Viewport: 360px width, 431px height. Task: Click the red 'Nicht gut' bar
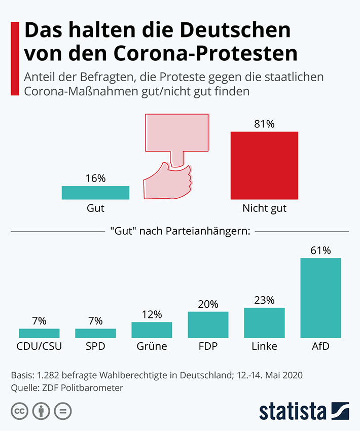[264, 165]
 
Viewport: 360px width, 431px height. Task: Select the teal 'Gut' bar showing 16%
[95, 193]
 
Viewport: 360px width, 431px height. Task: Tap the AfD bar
[320, 298]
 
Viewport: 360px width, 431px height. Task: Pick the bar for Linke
[264, 322]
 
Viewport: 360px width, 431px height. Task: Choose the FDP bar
[208, 325]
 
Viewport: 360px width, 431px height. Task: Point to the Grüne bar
[152, 330]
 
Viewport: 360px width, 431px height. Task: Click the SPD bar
[95, 333]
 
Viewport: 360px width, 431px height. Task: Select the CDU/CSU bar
[39, 333]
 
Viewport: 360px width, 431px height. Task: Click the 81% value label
[264, 124]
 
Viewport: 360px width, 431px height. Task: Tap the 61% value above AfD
[320, 250]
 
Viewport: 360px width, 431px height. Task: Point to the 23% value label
[264, 300]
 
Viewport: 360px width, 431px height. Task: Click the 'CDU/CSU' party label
[39, 347]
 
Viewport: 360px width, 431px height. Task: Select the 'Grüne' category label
[152, 347]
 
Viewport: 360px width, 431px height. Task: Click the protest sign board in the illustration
[177, 132]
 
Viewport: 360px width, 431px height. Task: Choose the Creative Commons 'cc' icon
[19, 411]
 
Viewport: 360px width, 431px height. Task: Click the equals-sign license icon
[62, 411]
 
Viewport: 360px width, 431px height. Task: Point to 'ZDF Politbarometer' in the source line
[80, 388]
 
